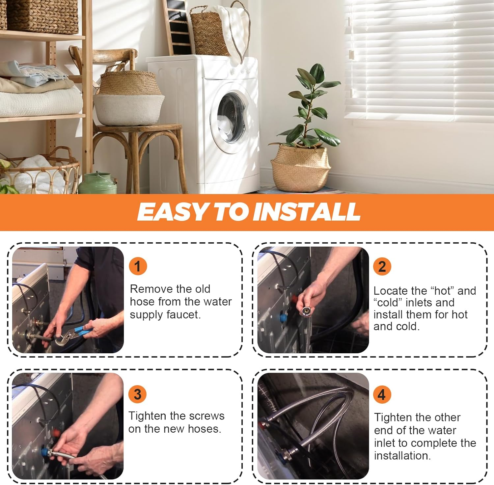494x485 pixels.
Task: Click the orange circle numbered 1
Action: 138,266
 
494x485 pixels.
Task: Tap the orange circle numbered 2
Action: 382,266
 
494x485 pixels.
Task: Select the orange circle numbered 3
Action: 138,394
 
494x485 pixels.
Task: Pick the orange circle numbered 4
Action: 382,394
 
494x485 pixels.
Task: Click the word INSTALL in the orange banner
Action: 307,211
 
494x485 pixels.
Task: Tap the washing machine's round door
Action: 231,118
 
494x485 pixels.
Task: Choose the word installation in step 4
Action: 402,456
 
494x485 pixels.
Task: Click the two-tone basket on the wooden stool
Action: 129,99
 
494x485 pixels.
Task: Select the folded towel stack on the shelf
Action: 40,89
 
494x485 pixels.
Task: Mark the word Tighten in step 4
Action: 394,418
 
